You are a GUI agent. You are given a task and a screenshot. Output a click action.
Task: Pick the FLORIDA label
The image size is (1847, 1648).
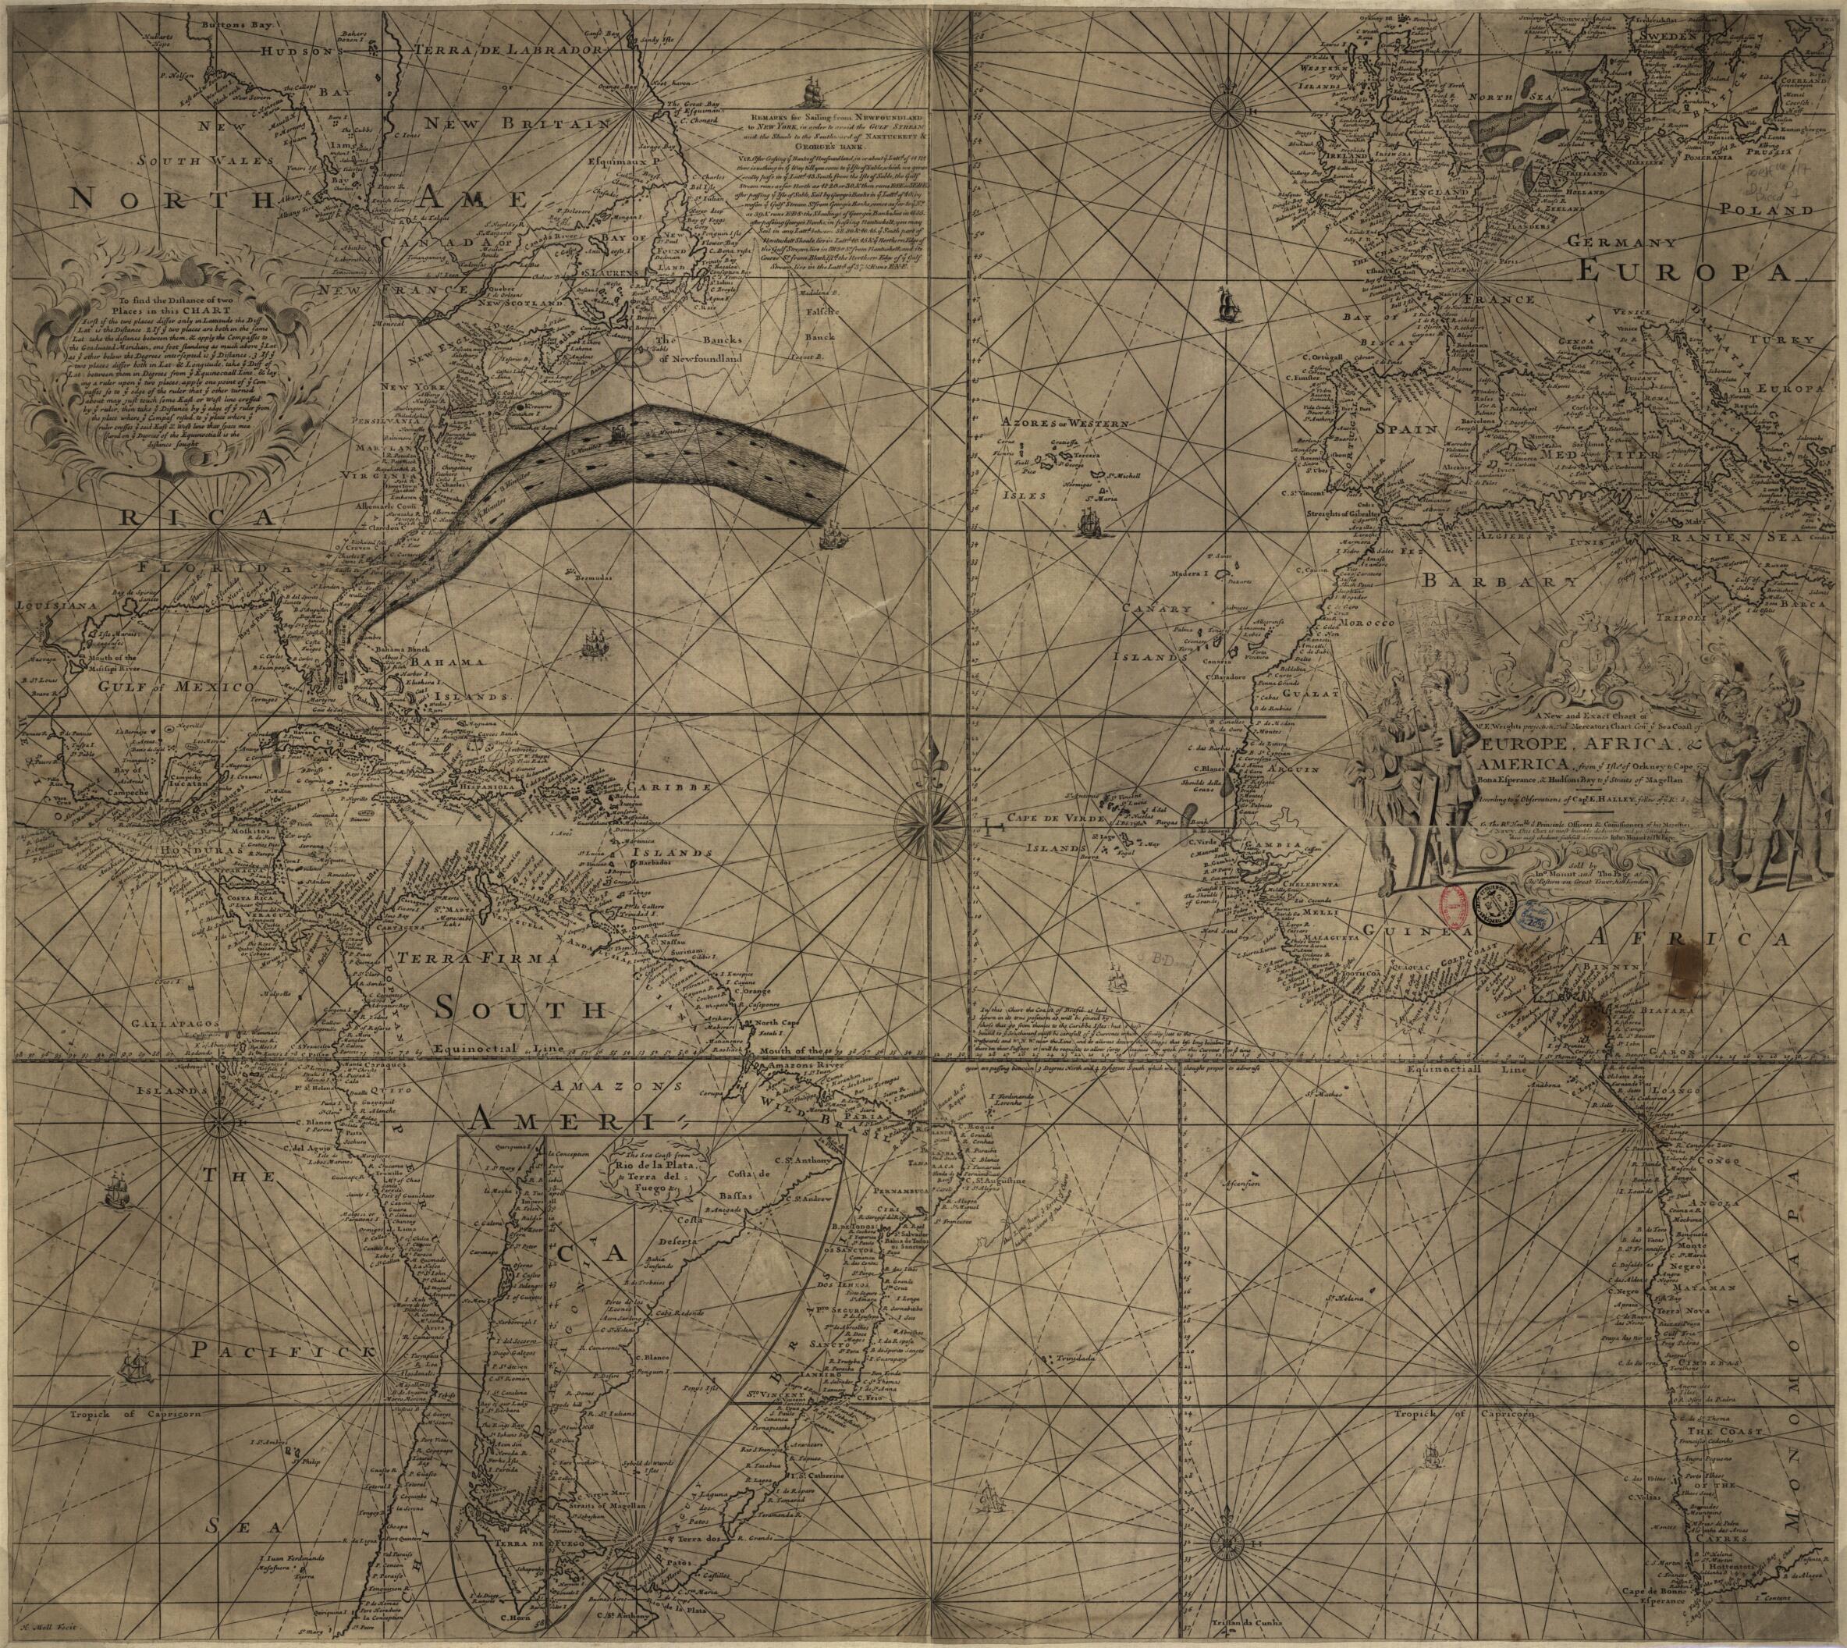pyautogui.click(x=204, y=569)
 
